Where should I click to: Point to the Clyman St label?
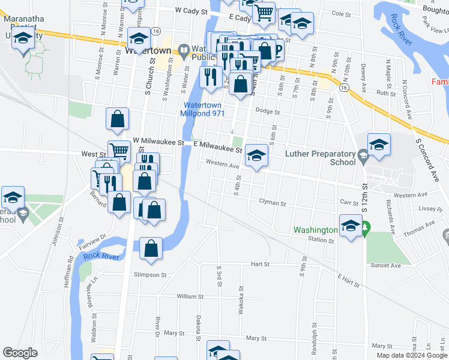point(273,203)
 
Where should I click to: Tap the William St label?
point(191,296)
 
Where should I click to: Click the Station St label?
point(321,240)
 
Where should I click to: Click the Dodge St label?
point(268,111)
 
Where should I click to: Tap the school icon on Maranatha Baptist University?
point(23,40)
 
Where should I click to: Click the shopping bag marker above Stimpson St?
point(151,248)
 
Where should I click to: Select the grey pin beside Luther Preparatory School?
point(363,157)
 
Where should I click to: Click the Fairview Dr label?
point(91,240)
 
